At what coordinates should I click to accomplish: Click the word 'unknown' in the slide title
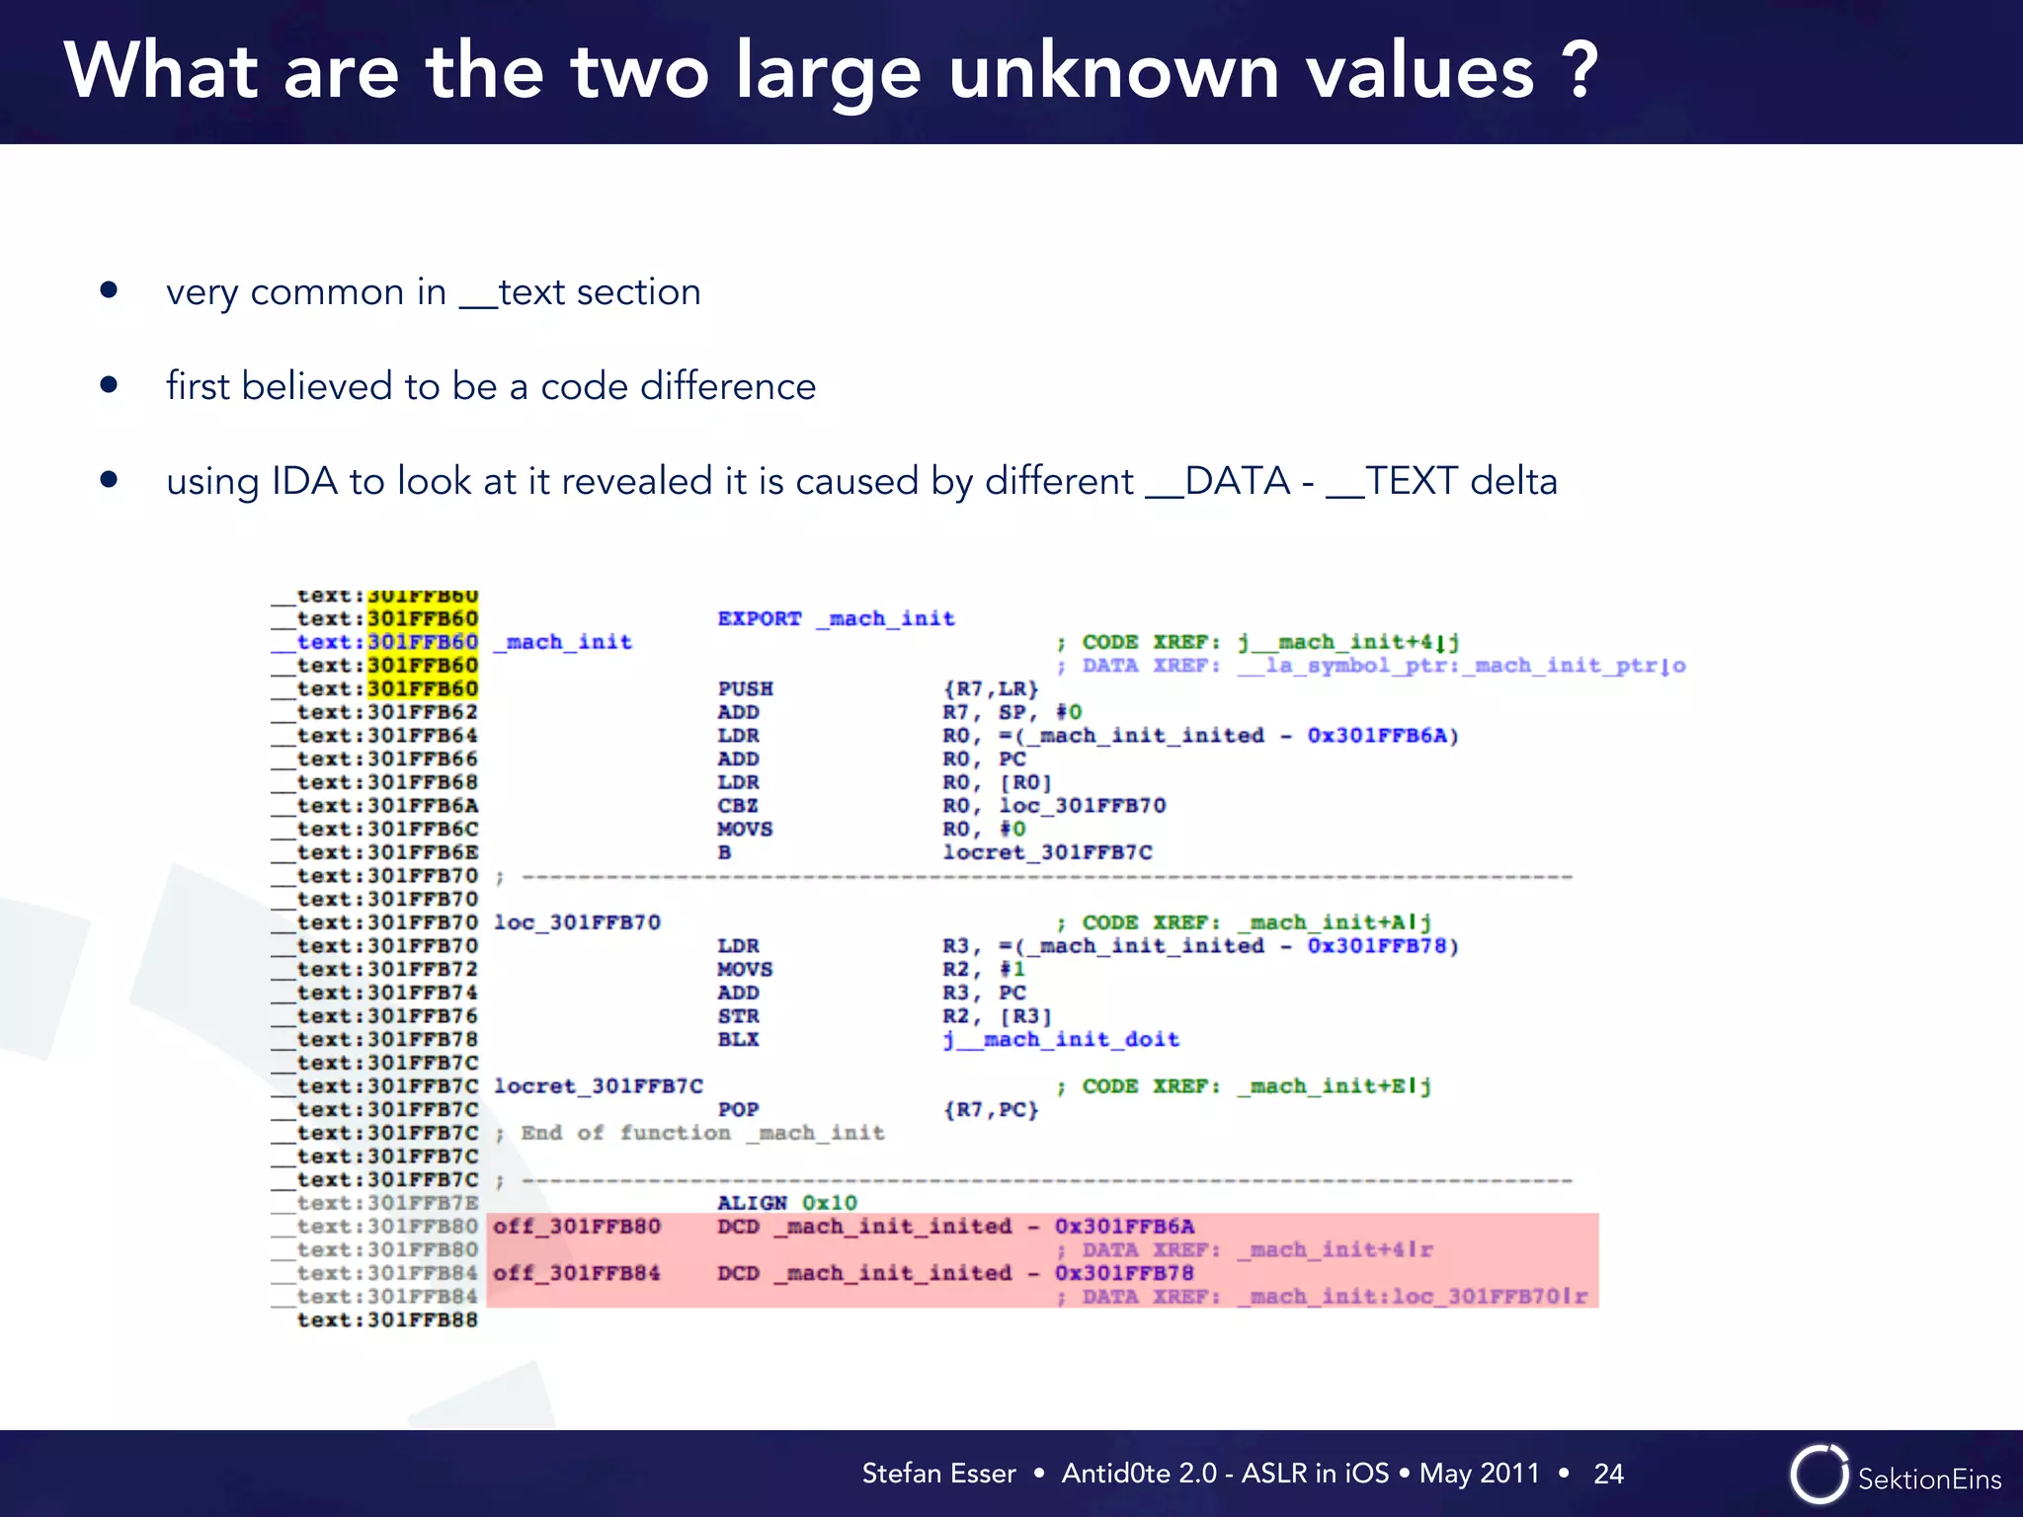[x=1113, y=71]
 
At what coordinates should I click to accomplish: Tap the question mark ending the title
[x=1579, y=71]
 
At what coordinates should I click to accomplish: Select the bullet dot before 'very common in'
[x=109, y=290]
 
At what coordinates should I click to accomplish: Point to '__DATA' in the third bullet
[x=1218, y=481]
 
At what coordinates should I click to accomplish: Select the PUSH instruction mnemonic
[x=746, y=688]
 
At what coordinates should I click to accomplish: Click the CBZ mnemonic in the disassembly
[x=738, y=806]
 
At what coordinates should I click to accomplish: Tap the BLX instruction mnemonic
[x=738, y=1039]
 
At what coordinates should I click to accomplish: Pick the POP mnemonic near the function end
[x=738, y=1109]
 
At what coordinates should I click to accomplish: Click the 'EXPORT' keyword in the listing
[x=760, y=618]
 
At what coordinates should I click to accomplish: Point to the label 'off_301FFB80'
[x=577, y=1227]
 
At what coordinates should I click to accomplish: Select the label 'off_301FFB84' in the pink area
[x=577, y=1273]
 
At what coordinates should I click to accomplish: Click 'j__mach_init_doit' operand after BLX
[x=1061, y=1039]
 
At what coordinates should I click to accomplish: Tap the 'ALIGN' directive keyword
[x=752, y=1203]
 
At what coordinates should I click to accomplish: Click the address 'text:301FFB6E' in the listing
[x=387, y=852]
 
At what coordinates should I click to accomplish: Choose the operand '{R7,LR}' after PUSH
[x=991, y=688]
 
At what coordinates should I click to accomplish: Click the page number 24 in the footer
[x=1608, y=1474]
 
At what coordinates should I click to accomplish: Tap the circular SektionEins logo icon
[x=1819, y=1475]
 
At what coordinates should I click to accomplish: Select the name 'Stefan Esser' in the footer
[x=938, y=1474]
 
